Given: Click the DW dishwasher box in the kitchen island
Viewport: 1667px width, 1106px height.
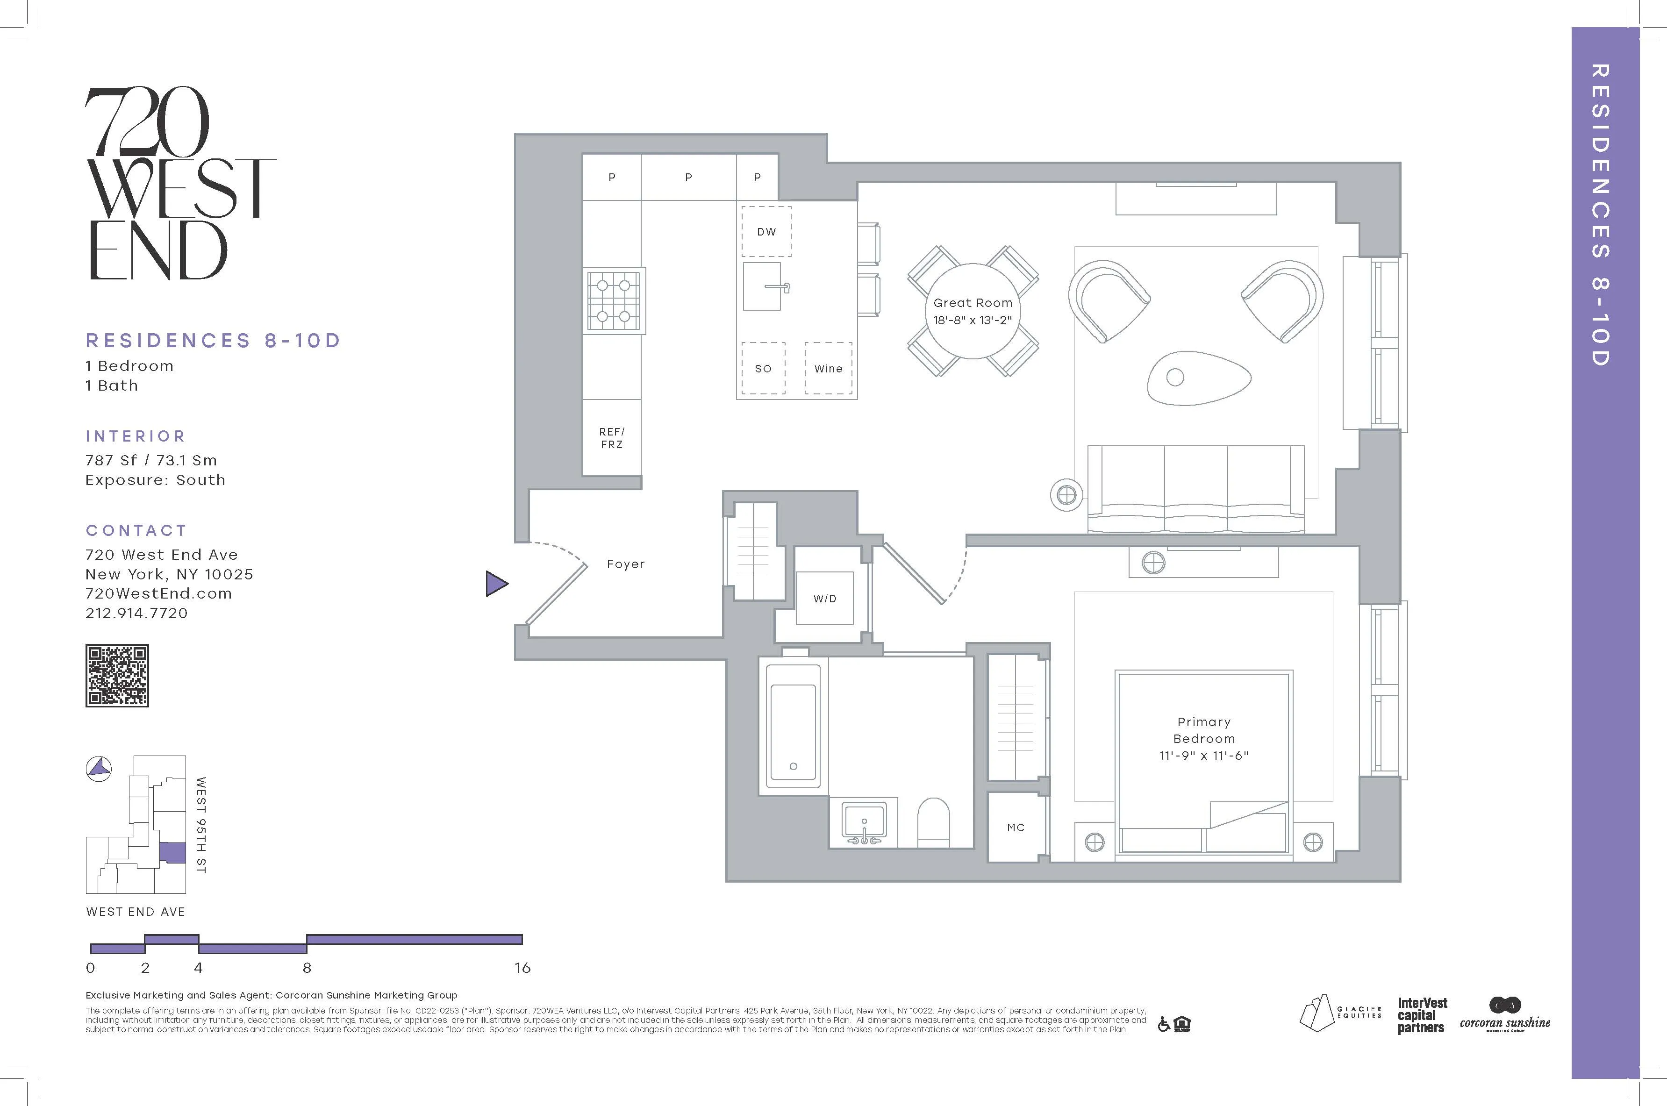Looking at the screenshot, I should (766, 231).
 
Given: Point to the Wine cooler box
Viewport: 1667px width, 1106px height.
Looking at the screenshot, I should (828, 368).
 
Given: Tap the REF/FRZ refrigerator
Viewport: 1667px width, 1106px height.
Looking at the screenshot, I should (612, 438).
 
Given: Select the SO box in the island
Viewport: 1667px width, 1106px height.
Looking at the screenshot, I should (763, 368).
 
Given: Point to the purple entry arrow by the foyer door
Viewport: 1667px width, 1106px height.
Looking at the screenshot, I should (496, 583).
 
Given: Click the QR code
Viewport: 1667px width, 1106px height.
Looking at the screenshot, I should (117, 675).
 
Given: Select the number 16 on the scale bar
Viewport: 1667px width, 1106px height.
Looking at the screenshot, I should (522, 968).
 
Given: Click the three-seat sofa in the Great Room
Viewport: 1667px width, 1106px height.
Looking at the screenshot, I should (1196, 488).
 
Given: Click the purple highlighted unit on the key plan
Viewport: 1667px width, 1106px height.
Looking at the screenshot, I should (173, 853).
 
